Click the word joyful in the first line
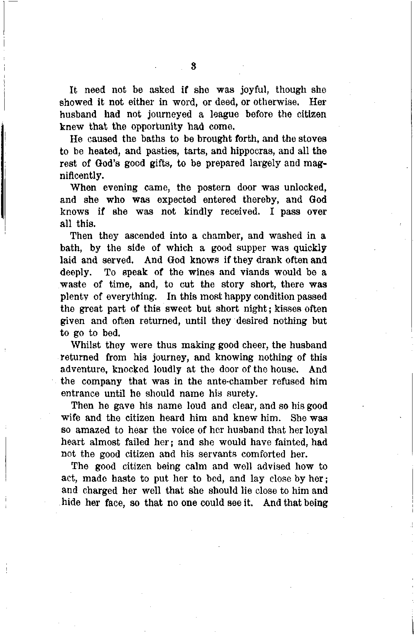coord(255,90)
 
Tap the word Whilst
coord(85,345)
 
